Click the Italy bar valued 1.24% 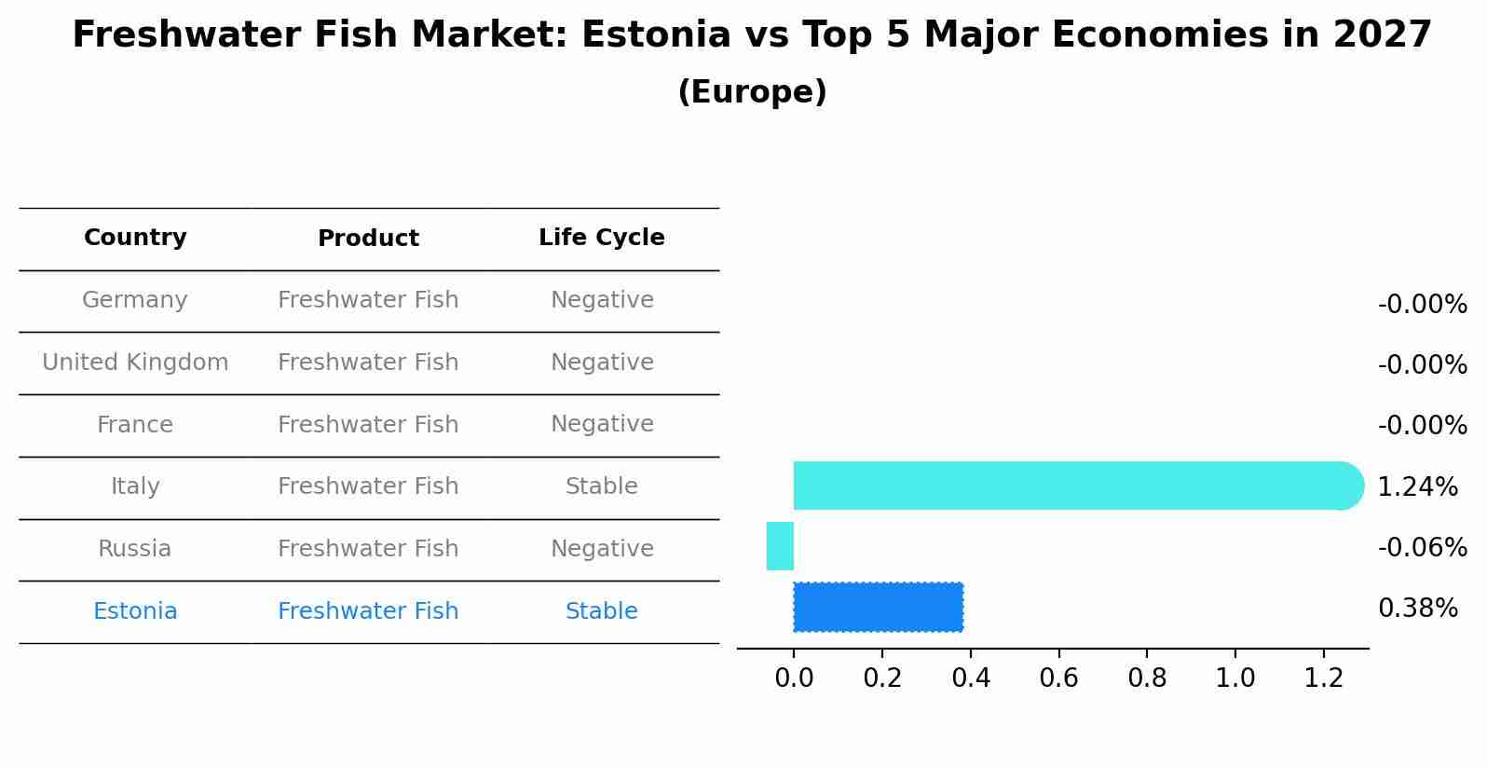(x=1071, y=486)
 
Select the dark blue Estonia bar (x=878, y=607)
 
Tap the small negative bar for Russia (x=780, y=546)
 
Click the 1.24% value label (x=1417, y=486)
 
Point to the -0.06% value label (x=1422, y=547)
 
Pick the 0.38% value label (x=1417, y=609)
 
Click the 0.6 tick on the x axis (x=1058, y=678)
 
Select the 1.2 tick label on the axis (x=1323, y=678)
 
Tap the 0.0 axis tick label (x=794, y=678)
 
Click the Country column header (x=135, y=238)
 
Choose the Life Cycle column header (x=601, y=238)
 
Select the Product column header (x=368, y=239)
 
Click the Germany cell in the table (x=135, y=300)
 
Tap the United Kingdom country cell (x=135, y=363)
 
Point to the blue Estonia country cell (x=135, y=611)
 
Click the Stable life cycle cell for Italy (x=601, y=486)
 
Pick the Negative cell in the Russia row (x=601, y=549)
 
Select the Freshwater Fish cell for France (x=368, y=425)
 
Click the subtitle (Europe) (x=752, y=92)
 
